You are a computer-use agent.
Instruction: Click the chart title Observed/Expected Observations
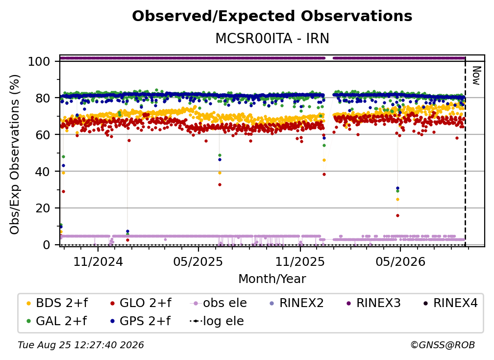(272, 16)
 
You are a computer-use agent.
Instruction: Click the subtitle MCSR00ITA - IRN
(272, 38)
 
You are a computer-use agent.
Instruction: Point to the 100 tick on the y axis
(39, 61)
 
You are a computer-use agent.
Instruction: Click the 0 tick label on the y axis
(47, 245)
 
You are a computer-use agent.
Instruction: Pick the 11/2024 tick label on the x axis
(98, 261)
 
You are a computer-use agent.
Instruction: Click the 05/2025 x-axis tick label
(198, 261)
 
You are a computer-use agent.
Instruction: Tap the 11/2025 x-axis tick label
(300, 261)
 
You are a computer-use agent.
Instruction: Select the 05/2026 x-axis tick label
(400, 261)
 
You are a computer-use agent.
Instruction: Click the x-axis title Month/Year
(272, 279)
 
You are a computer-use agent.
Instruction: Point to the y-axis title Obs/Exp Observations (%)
(15, 154)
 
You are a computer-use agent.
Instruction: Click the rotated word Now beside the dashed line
(476, 76)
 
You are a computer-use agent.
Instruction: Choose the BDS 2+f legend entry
(57, 303)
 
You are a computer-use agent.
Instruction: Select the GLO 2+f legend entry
(141, 303)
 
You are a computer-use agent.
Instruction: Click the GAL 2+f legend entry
(56, 321)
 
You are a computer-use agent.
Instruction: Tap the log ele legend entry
(217, 321)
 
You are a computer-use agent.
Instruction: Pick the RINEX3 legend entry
(373, 303)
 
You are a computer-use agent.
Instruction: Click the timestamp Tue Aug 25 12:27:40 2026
(81, 345)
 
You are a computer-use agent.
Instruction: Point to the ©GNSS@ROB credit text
(443, 345)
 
